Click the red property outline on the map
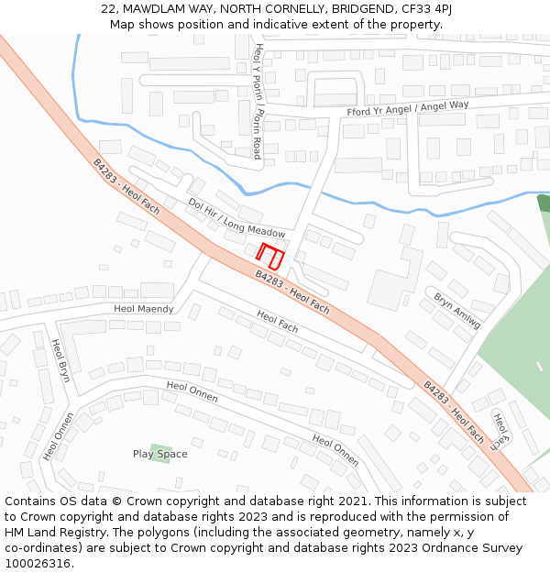[x=270, y=256]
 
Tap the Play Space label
[x=159, y=454]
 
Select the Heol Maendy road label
[x=144, y=309]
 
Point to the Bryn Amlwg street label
[x=456, y=311]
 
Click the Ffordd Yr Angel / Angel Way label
[x=407, y=109]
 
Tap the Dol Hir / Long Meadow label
[x=236, y=218]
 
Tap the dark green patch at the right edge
[x=544, y=204]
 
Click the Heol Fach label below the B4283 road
[x=278, y=321]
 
